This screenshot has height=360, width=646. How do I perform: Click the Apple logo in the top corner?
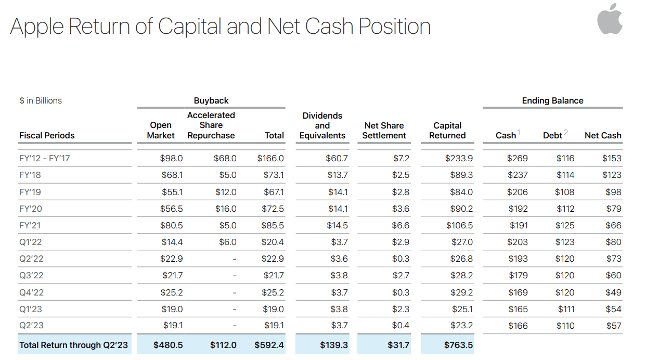pos(610,19)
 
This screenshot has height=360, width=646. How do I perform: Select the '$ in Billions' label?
pos(41,101)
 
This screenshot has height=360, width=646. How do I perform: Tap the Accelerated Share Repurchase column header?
pos(211,125)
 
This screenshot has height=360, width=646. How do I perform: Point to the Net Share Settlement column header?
pos(384,131)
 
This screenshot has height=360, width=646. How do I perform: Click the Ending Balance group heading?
pos(552,101)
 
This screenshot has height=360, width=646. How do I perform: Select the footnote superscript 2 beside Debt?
pos(565,133)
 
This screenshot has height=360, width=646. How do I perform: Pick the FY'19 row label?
pos(30,192)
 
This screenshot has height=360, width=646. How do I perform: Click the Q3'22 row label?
pos(31,276)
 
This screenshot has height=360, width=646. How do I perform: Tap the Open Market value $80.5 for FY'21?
pos(172,226)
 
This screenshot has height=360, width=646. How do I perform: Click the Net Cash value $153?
pos(612,159)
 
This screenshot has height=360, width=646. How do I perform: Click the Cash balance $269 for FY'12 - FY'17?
pos(518,159)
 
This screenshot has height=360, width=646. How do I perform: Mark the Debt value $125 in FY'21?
pos(565,226)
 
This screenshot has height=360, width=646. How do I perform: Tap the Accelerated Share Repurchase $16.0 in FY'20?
pos(226,209)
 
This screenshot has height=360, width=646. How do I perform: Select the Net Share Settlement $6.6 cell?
pos(400,226)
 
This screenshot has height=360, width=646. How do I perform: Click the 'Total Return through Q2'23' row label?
pos(73,345)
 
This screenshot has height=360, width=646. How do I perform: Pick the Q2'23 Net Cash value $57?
pos(613,326)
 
